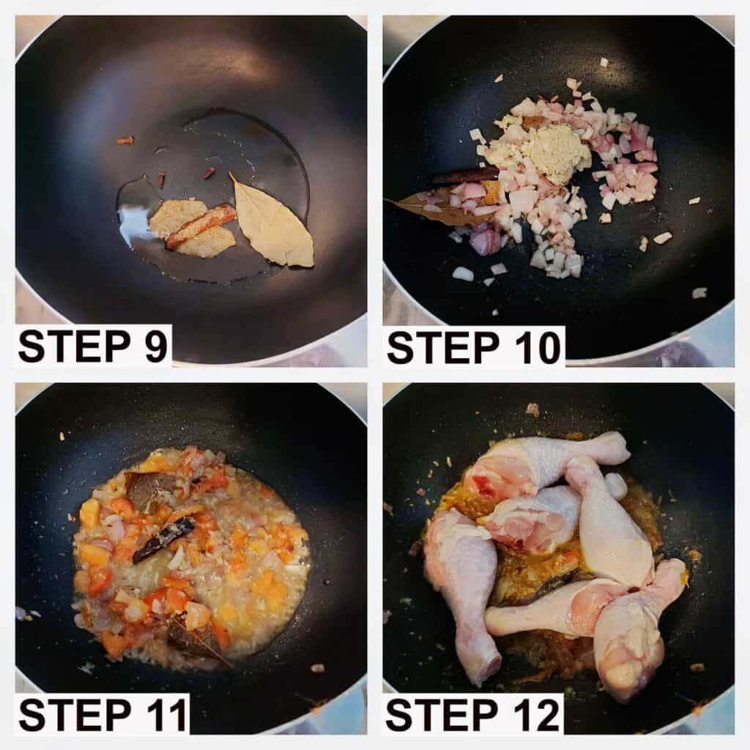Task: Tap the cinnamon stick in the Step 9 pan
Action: coord(201,226)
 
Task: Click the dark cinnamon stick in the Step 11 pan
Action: coord(163,541)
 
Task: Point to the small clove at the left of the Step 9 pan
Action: coord(125,141)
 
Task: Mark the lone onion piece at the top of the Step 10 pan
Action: coord(604,62)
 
